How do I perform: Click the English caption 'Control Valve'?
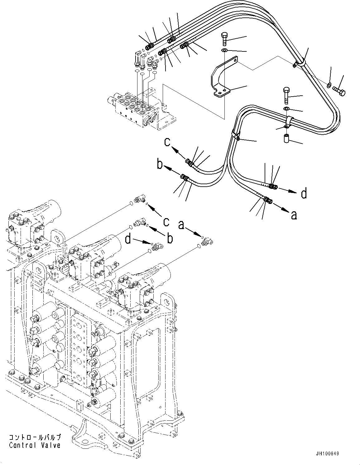pos(35,445)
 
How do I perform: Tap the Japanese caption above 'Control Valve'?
pos(35,438)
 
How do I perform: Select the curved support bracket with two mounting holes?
pos(221,78)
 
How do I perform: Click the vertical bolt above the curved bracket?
pos(225,39)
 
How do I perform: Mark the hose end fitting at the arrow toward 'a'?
pos(267,200)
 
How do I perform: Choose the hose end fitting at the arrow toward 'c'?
pos(190,162)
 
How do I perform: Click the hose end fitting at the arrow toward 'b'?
pos(184,178)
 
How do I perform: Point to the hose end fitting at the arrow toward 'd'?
pos(273,186)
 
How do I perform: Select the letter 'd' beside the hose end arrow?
pos(304,193)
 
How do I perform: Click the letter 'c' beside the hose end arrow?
pos(167,143)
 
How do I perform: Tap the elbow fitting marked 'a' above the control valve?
pos(207,242)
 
